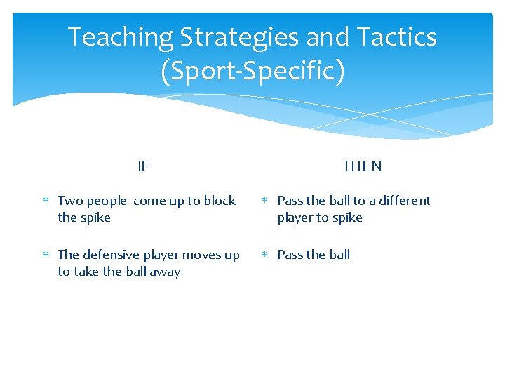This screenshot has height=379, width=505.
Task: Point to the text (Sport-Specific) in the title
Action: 252,72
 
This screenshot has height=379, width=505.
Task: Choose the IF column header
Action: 143,166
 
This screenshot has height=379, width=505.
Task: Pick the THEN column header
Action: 362,166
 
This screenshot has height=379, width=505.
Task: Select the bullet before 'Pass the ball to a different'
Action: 265,201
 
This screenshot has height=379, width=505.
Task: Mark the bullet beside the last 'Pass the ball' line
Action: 265,255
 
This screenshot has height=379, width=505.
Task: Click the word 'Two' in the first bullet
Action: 70,201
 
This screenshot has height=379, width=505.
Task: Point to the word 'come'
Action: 149,201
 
